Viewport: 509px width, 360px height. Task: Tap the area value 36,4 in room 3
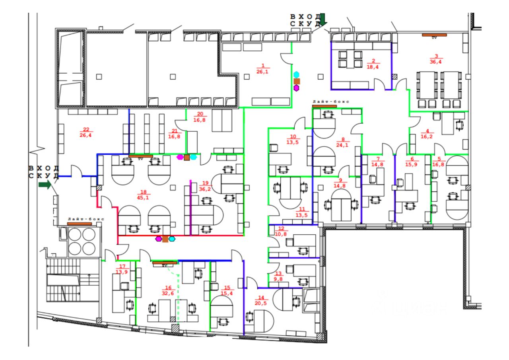tap(436, 62)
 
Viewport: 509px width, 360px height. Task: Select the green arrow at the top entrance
tap(322, 19)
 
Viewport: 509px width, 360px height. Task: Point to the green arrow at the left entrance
tap(45, 185)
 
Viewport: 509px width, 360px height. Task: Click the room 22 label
tap(85, 129)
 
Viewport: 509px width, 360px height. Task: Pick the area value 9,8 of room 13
tap(278, 279)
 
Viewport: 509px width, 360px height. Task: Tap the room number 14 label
tap(261, 297)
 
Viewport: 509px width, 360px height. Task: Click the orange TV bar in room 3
tap(435, 35)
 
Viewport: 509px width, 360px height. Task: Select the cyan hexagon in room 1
tap(296, 74)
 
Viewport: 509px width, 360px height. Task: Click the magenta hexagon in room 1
tap(296, 88)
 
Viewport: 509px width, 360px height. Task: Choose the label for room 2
tap(373, 61)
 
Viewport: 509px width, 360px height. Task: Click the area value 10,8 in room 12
tap(281, 234)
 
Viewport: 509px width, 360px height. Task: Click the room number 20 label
tap(200, 114)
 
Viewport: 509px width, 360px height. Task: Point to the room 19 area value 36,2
tap(205, 189)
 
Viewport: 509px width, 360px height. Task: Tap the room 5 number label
tap(439, 159)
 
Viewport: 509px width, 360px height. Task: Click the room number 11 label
tap(301, 210)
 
